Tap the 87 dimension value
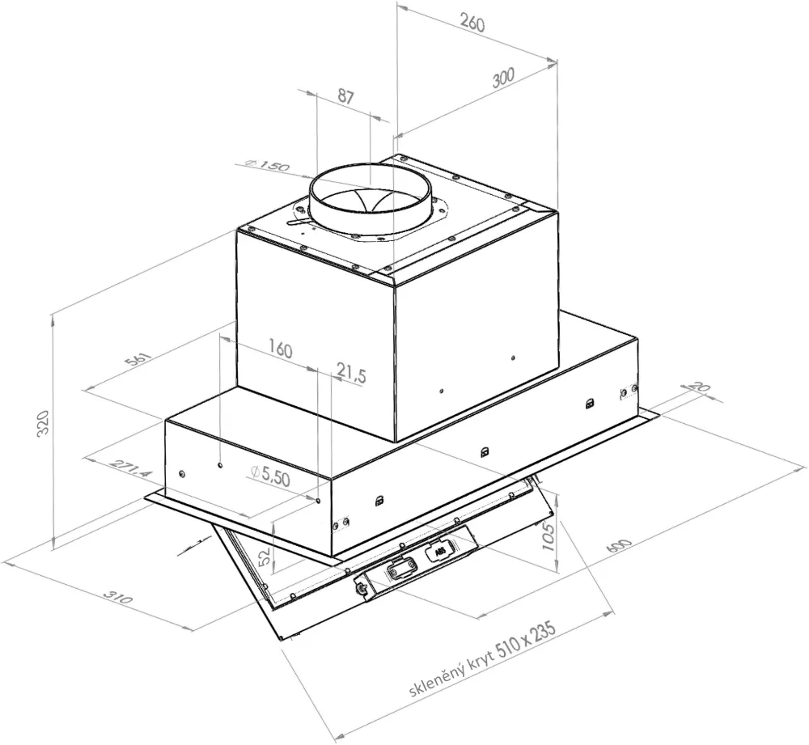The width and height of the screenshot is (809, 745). pyautogui.click(x=345, y=97)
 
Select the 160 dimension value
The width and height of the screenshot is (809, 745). pyautogui.click(x=278, y=350)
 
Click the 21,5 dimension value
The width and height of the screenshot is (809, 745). pyautogui.click(x=352, y=374)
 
